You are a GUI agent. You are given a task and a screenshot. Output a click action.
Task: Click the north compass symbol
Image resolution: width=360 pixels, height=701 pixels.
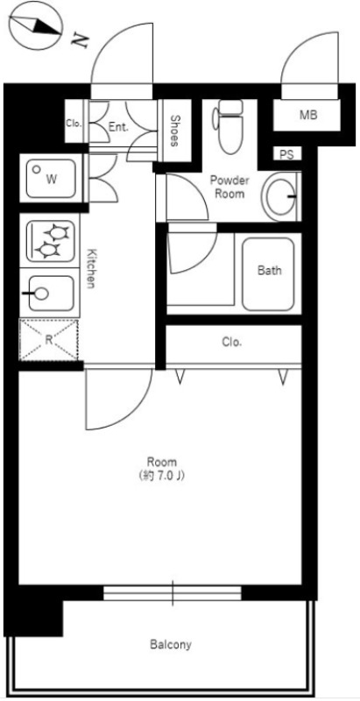[x=35, y=25]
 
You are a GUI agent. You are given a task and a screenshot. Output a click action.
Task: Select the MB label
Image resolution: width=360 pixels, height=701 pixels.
[x=308, y=115]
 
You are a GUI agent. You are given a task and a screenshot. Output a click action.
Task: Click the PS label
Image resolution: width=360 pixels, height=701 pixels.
[x=286, y=155]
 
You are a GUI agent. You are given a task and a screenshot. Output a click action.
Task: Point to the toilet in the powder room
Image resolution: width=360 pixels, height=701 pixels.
[x=230, y=125]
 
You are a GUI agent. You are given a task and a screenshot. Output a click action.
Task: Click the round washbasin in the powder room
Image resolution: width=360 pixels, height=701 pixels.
[x=281, y=196]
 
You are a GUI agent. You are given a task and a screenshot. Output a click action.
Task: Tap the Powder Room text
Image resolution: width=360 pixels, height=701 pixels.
[x=229, y=188]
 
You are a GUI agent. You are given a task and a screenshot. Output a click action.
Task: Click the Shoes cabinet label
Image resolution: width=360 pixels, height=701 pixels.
[x=175, y=131]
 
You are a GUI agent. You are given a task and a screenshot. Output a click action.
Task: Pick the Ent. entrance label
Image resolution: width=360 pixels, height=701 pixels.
[x=118, y=127]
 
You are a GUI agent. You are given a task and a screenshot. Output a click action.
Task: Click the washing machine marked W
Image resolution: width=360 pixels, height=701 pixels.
[x=51, y=179]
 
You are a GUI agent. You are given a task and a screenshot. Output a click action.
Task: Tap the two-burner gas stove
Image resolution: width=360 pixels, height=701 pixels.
[x=51, y=242]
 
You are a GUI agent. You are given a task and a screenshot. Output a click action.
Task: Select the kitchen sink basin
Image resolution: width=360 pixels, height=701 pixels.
[x=52, y=293]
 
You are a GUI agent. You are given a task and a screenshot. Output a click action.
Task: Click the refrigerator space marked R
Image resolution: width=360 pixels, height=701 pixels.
[x=49, y=340]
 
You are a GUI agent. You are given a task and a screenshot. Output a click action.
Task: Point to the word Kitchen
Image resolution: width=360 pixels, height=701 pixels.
[x=91, y=267]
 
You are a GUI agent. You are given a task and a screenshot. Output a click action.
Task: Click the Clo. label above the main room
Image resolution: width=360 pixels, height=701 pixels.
[x=232, y=343]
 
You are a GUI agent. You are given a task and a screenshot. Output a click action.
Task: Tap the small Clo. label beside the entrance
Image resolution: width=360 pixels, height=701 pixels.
[x=74, y=124]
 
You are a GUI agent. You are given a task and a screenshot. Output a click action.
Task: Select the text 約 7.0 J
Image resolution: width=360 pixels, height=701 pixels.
[x=162, y=476]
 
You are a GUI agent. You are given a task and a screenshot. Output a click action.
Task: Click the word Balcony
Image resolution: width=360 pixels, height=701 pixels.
[x=171, y=645]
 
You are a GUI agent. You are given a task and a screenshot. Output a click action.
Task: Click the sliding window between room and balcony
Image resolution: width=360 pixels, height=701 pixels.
[x=173, y=593]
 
